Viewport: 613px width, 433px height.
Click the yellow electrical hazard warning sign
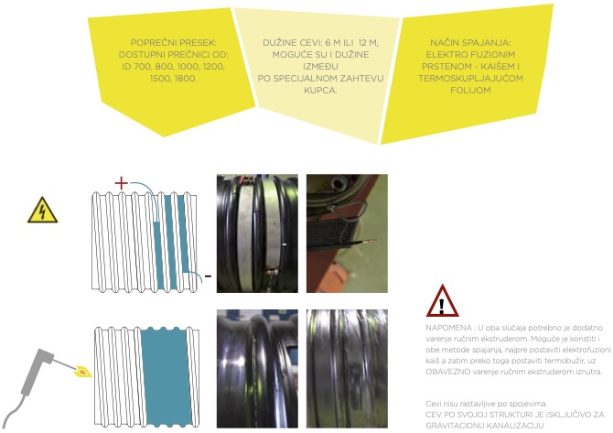[43, 211]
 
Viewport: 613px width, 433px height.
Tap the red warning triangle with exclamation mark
[442, 301]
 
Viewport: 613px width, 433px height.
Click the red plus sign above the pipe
[121, 183]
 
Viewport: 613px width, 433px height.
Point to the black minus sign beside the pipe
[208, 276]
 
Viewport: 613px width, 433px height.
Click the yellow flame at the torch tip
[82, 371]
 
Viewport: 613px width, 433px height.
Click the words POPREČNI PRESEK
[173, 43]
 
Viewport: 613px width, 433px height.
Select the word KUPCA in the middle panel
[320, 90]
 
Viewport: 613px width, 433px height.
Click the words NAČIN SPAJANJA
[470, 43]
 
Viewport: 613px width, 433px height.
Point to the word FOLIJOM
[470, 90]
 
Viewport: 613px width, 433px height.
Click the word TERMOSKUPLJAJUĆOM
[470, 78]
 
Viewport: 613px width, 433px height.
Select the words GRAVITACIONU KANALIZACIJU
[485, 426]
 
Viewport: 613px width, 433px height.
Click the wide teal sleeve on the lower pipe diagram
[167, 376]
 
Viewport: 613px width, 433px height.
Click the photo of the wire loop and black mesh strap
[347, 233]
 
